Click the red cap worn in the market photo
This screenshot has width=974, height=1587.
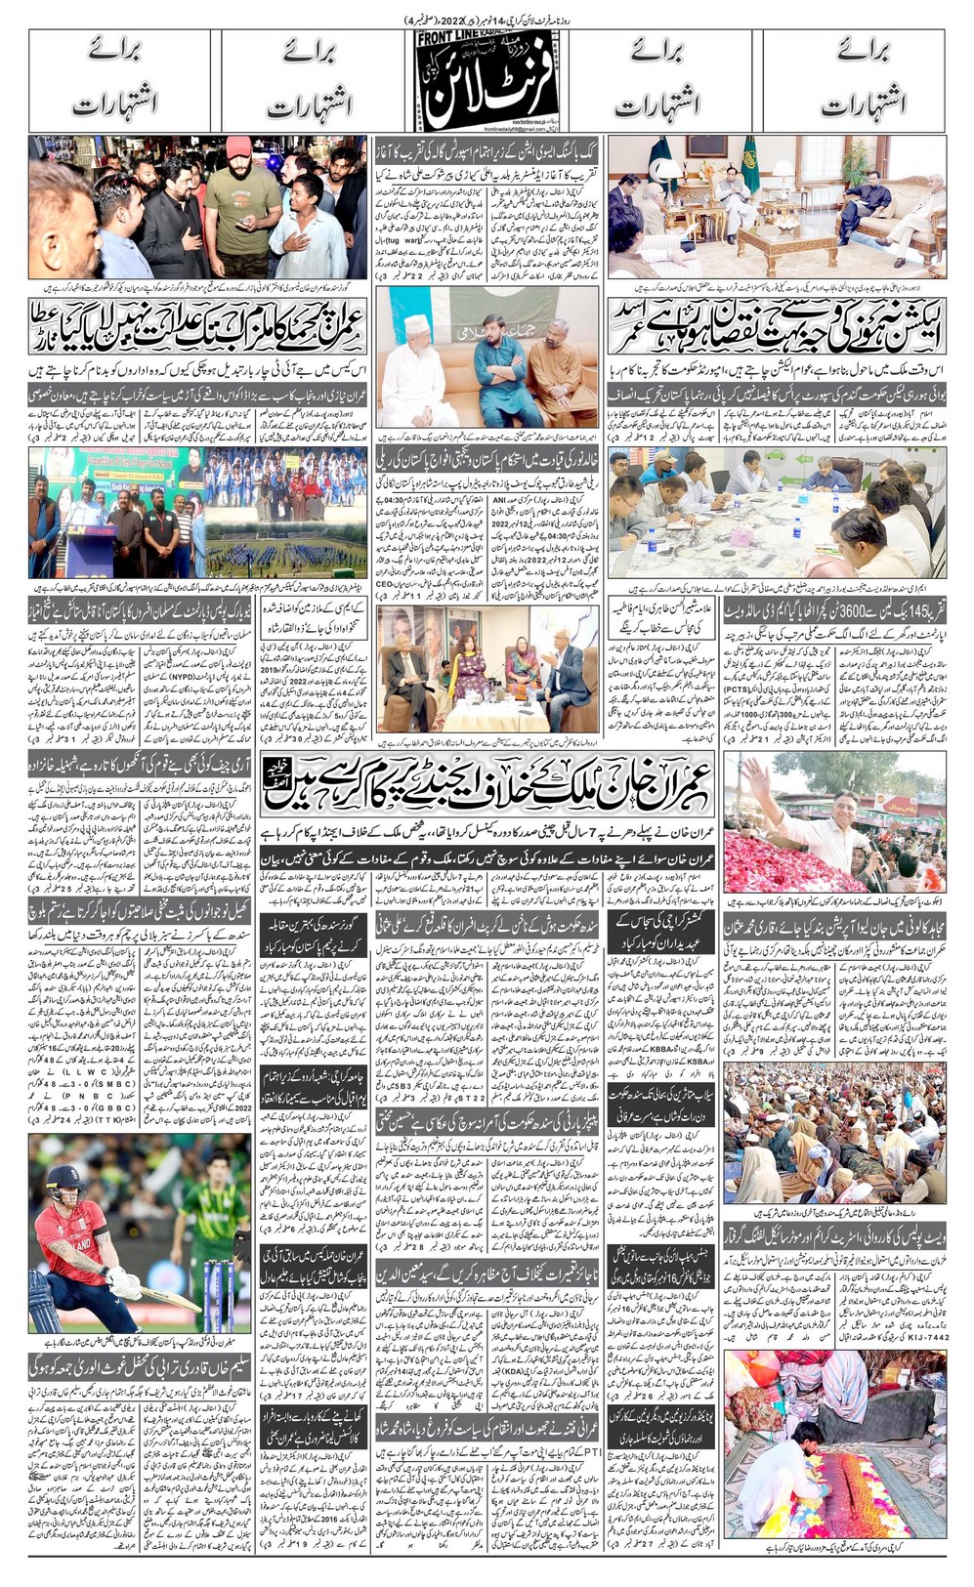tap(238, 146)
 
